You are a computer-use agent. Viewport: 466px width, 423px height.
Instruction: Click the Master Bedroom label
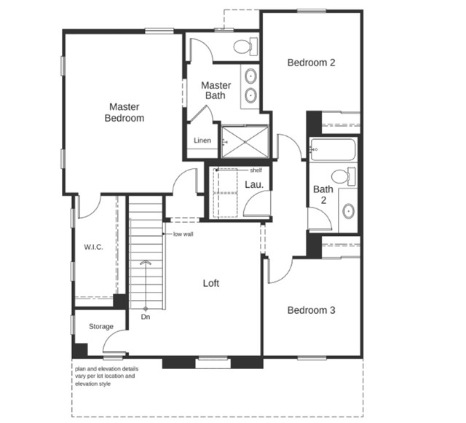(124, 112)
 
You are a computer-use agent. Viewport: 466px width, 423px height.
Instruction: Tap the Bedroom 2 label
(311, 63)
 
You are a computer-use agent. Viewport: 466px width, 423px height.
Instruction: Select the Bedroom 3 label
(311, 310)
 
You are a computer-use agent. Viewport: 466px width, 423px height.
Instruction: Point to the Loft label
(210, 283)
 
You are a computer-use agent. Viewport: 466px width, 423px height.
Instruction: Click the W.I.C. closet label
(93, 248)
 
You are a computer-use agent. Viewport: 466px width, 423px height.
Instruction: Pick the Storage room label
(101, 326)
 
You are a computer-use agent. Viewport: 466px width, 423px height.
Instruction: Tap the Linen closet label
(202, 141)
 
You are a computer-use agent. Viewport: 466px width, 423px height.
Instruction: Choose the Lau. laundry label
(254, 185)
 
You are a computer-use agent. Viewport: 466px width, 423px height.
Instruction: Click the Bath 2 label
(323, 194)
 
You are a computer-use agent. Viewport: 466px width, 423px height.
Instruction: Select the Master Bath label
(216, 90)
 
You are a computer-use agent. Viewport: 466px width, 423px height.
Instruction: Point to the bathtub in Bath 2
(332, 151)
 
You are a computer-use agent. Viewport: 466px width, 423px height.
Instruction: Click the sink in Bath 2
(349, 211)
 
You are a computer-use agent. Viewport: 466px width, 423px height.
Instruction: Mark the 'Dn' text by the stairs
(146, 317)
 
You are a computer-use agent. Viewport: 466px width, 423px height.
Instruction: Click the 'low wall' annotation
(183, 234)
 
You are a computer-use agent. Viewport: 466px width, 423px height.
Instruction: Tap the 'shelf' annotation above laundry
(255, 170)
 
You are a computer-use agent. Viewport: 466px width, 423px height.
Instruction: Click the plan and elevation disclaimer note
(106, 376)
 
